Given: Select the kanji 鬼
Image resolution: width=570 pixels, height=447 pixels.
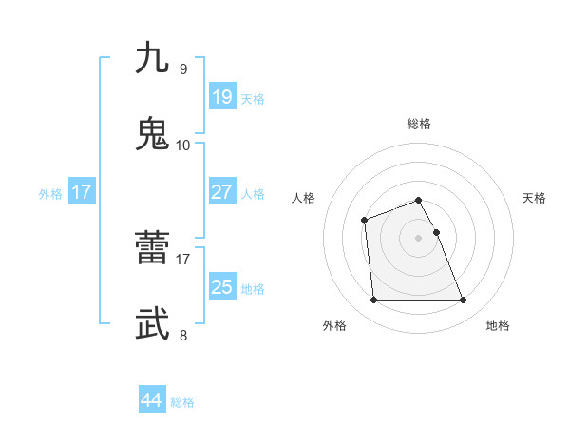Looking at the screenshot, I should (153, 133).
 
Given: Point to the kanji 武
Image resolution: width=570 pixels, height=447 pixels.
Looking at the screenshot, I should (153, 323).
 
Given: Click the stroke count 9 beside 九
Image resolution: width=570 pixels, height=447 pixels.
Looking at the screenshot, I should (183, 68).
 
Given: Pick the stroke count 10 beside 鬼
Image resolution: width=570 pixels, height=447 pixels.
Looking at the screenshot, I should (183, 145).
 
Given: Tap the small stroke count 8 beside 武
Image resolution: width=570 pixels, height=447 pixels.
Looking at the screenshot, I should (183, 335).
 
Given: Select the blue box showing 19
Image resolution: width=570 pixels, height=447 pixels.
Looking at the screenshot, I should (221, 97).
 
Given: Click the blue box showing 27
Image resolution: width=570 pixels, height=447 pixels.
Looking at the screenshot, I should (221, 192).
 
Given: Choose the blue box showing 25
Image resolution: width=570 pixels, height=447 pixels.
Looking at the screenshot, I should (221, 287).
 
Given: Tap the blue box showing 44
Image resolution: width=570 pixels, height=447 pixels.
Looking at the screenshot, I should (151, 400).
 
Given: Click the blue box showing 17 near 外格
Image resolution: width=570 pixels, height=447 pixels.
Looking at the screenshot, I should (82, 192).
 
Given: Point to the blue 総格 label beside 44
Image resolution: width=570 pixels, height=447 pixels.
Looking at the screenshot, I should (182, 402).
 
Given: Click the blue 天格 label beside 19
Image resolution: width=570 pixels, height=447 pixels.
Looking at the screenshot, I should (253, 99).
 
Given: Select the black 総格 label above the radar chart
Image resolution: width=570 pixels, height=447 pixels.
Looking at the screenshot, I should (419, 124).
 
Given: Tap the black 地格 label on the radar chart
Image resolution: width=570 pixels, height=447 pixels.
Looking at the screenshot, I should (498, 326).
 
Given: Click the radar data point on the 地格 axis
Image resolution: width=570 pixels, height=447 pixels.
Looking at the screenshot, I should (464, 301).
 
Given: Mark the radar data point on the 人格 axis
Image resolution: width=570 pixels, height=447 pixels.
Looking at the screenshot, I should (365, 221).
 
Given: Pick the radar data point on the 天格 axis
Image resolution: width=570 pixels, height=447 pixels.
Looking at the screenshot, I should (437, 232).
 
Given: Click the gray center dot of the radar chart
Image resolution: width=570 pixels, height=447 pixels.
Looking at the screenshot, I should (419, 237).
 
